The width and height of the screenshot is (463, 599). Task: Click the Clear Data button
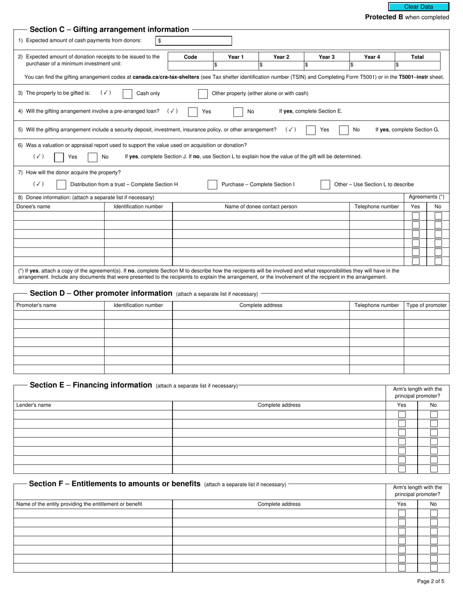point(418,7)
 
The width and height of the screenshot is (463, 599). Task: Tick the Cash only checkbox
point(127,94)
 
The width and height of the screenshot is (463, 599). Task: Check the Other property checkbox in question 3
point(203,94)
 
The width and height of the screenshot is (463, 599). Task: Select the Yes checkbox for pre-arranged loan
point(193,112)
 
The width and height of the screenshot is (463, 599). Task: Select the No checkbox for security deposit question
point(344,130)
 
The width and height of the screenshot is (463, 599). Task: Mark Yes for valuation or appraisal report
point(58,157)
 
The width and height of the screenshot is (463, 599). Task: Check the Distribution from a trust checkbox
point(61,185)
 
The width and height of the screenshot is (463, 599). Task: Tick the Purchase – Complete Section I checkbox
point(212,185)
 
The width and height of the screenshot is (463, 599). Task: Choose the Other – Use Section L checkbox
point(325,185)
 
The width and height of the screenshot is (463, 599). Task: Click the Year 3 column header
point(327,57)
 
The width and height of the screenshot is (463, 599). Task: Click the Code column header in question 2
point(191,57)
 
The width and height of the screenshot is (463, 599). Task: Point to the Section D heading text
point(101,293)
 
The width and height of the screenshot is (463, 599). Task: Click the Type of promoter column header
point(426,305)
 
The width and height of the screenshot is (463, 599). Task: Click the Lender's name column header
point(34,405)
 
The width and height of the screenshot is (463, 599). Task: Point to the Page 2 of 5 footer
point(430,581)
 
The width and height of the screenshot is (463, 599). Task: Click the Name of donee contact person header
point(261,206)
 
